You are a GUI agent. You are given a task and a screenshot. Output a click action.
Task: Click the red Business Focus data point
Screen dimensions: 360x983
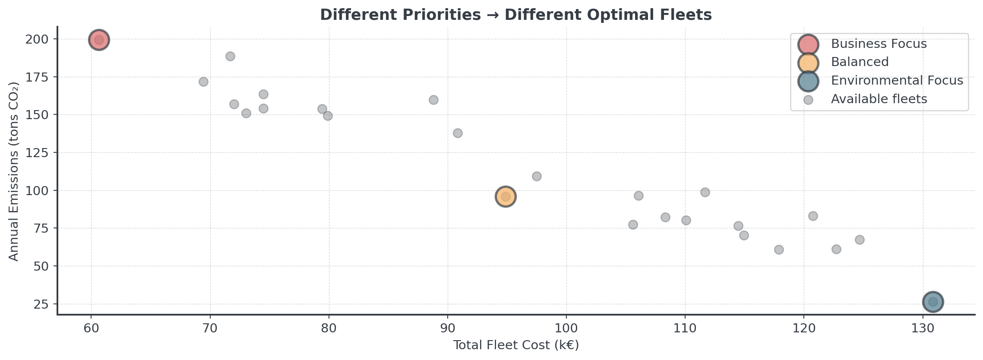tap(99, 40)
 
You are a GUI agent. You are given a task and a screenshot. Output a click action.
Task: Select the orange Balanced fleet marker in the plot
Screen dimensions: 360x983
tap(506, 197)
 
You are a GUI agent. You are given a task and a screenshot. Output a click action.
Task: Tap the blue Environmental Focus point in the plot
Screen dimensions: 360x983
tap(933, 302)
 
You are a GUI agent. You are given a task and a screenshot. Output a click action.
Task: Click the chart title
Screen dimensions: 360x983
tap(515, 15)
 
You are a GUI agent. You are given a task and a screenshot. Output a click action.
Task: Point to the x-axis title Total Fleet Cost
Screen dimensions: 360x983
tap(515, 345)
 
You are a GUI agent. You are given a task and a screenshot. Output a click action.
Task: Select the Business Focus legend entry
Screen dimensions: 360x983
tap(879, 44)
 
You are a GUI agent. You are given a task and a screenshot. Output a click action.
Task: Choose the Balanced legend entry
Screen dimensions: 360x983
tap(860, 62)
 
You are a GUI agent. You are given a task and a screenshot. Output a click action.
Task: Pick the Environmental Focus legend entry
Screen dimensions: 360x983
tap(897, 81)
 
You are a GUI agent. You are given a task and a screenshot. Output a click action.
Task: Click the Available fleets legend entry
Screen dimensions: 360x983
tap(879, 99)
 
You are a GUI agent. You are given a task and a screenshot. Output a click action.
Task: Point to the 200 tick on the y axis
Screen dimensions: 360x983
tap(40, 39)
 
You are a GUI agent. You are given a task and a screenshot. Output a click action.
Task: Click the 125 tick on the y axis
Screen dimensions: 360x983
tap(40, 153)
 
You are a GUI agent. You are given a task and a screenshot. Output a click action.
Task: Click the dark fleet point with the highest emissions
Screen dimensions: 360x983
tap(230, 57)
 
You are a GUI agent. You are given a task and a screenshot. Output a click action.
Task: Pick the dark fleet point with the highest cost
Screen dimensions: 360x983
tap(860, 240)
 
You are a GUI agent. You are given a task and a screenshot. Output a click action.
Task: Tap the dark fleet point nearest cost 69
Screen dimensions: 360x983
tap(203, 82)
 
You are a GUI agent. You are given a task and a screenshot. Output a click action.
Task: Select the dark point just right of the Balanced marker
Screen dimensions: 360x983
tap(537, 176)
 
